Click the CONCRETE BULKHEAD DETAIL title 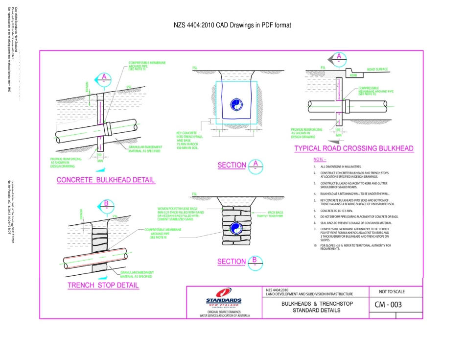[x=106, y=180]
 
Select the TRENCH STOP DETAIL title [x=103, y=285]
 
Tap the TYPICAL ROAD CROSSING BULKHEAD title [x=353, y=148]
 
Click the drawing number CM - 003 [x=388, y=305]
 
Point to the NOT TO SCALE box [x=392, y=291]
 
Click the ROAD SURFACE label [x=377, y=70]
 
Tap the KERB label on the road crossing [x=353, y=75]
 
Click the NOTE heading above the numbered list [x=319, y=160]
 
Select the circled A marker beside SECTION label [x=255, y=165]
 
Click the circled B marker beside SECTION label [x=255, y=261]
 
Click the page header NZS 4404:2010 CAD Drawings [x=232, y=25]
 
